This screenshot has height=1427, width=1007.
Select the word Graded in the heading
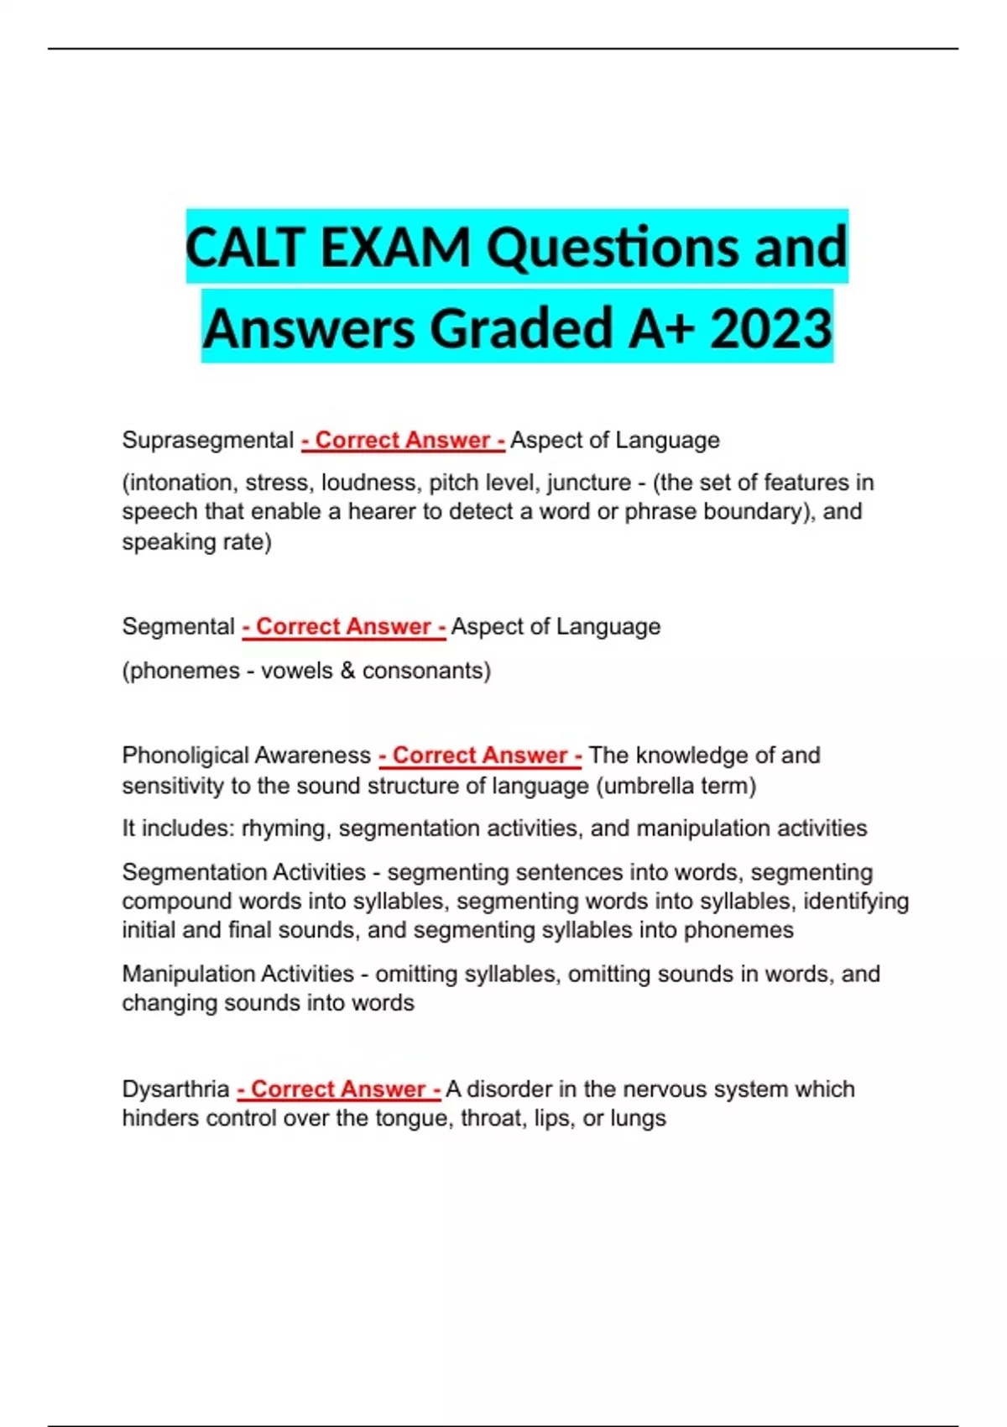(523, 328)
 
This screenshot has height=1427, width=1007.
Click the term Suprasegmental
(207, 440)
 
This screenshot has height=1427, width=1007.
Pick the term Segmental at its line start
(179, 626)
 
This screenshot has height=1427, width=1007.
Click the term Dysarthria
(175, 1089)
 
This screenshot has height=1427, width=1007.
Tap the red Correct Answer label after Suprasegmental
(403, 440)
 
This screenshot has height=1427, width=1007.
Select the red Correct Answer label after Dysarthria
(339, 1089)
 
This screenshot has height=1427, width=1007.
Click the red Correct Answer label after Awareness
(480, 755)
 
